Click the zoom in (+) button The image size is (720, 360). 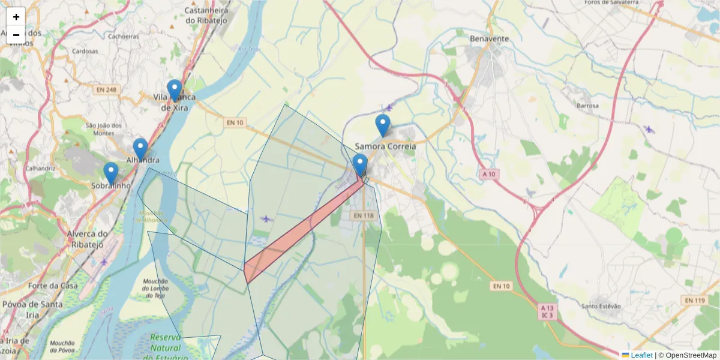click(16, 17)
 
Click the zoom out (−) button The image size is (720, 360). click(16, 35)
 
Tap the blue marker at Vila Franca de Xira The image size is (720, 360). click(175, 90)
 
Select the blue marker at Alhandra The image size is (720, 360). click(140, 149)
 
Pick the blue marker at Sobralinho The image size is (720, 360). click(111, 173)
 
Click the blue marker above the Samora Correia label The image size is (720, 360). click(383, 125)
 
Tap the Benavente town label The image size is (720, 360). click(490, 38)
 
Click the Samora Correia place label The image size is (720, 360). click(385, 146)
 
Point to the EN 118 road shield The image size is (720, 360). click(364, 215)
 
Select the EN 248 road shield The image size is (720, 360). click(106, 90)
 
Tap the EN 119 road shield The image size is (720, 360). click(694, 300)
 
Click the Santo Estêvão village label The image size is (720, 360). click(602, 306)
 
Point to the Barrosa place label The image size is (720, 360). click(587, 106)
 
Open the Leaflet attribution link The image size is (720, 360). click(641, 355)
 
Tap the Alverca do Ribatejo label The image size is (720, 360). click(86, 239)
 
